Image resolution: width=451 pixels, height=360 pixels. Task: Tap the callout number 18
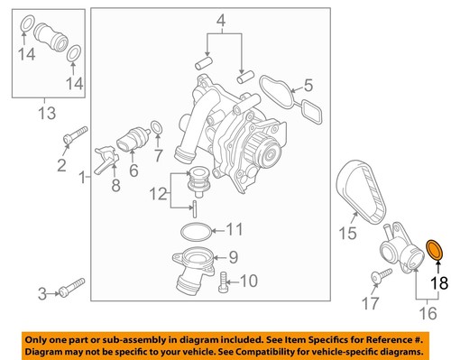tap(437, 283)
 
